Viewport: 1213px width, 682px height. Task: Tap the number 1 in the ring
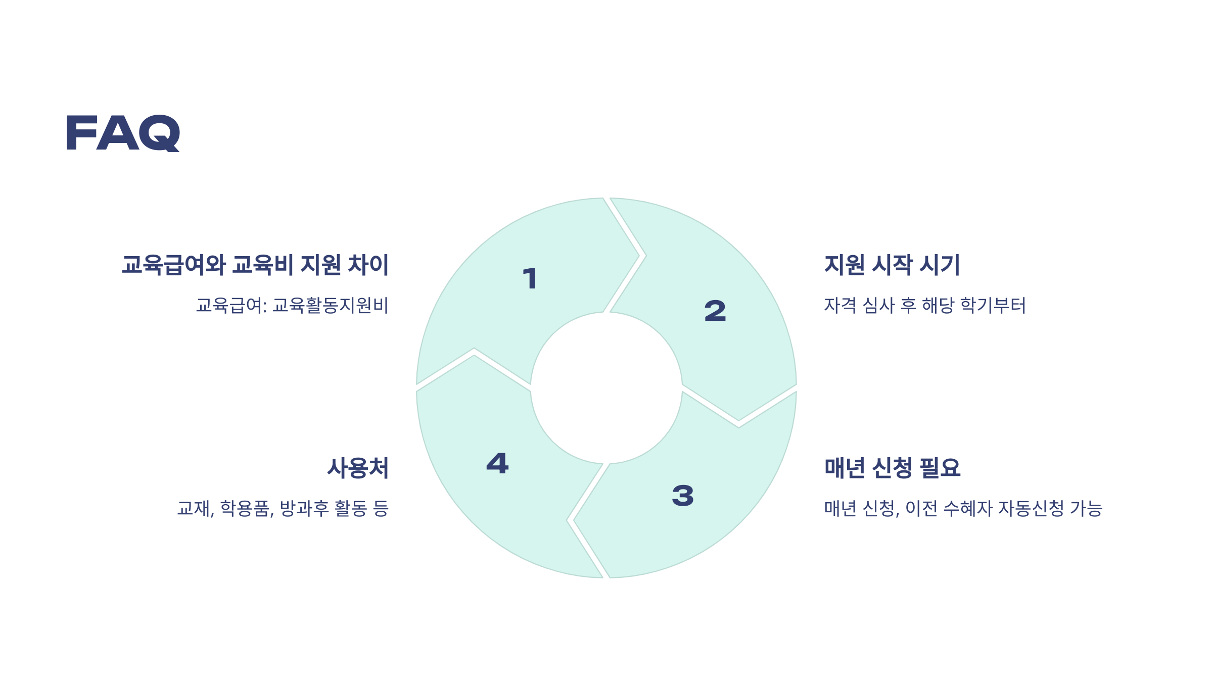click(x=530, y=279)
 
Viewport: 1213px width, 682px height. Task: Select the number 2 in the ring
click(x=715, y=311)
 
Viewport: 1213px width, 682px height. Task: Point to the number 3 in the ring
click(x=682, y=495)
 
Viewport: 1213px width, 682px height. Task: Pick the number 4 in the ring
click(x=497, y=463)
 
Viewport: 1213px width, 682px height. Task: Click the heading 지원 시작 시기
click(x=892, y=265)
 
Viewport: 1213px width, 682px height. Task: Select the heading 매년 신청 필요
click(x=892, y=468)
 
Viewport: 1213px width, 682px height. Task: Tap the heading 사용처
click(x=358, y=468)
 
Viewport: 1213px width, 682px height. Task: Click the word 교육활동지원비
click(x=330, y=306)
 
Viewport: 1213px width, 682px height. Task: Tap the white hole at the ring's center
click(x=606, y=388)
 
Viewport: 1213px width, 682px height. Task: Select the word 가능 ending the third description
click(x=1086, y=508)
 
